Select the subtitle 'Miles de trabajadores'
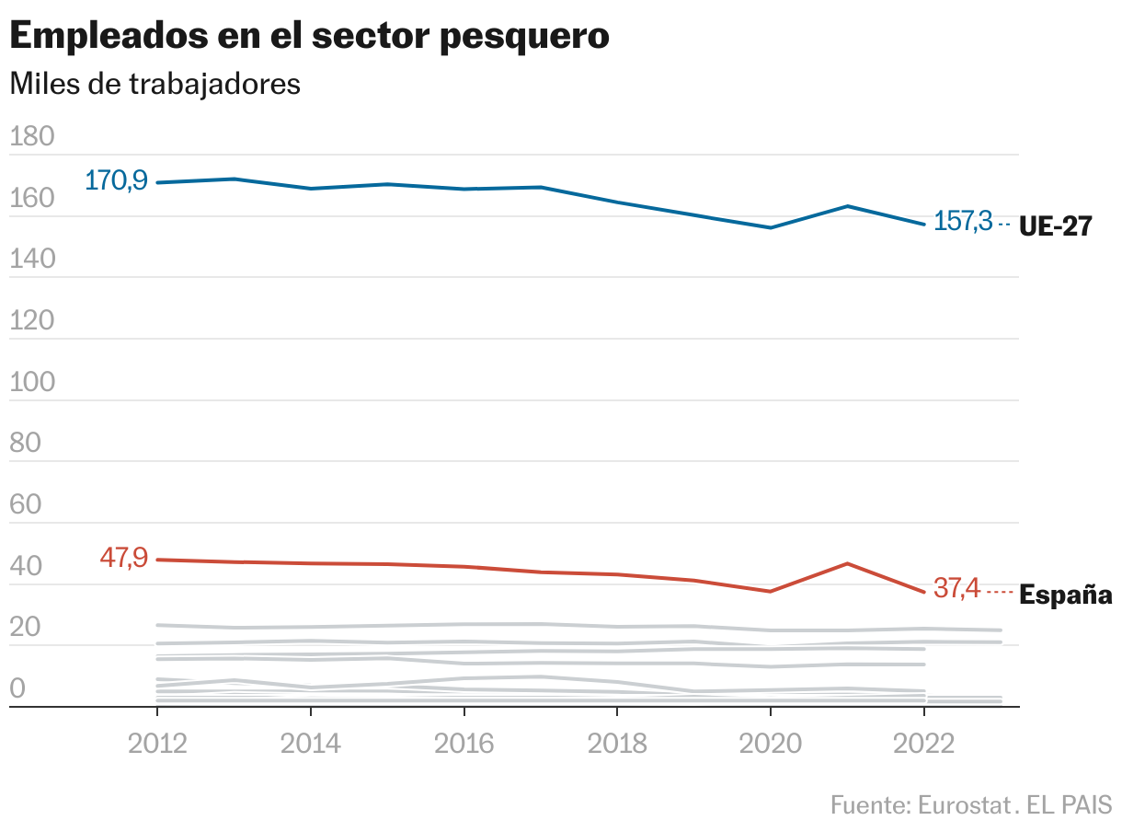click(155, 84)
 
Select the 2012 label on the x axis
click(157, 743)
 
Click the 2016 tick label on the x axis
click(464, 743)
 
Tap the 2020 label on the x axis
click(770, 743)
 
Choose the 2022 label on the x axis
click(922, 743)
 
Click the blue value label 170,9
click(116, 180)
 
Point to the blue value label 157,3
click(963, 222)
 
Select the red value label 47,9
click(123, 558)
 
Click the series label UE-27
click(1055, 227)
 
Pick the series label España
click(1066, 595)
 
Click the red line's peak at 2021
click(847, 563)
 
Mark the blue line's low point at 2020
click(770, 227)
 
